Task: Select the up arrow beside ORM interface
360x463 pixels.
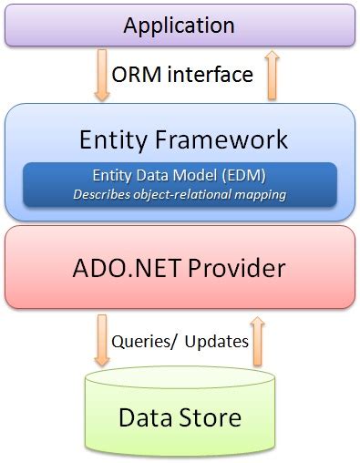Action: [270, 76]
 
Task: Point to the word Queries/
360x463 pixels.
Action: [144, 342]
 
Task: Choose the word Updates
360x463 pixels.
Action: [217, 342]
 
